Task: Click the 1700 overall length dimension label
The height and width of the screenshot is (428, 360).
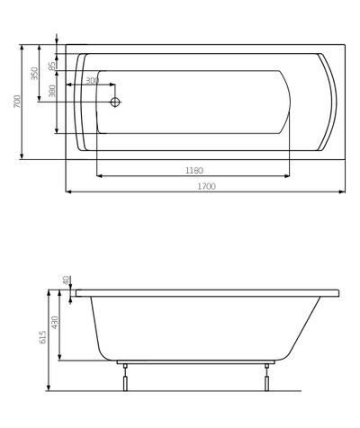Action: point(204,186)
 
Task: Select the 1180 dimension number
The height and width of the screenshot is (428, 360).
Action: point(193,170)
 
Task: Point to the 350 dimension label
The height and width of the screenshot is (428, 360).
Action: point(35,73)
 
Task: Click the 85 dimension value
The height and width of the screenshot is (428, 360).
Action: point(52,65)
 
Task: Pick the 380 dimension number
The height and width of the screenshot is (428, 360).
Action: point(52,90)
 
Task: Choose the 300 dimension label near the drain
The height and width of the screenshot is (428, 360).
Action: point(92,81)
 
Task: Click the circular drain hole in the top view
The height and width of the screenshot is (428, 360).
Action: point(114,102)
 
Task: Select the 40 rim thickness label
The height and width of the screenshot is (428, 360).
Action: point(67,281)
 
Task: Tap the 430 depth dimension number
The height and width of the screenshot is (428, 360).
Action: point(55,321)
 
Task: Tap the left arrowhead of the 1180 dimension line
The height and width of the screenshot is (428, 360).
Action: point(99,175)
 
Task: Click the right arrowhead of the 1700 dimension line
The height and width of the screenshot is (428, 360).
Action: point(345,192)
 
